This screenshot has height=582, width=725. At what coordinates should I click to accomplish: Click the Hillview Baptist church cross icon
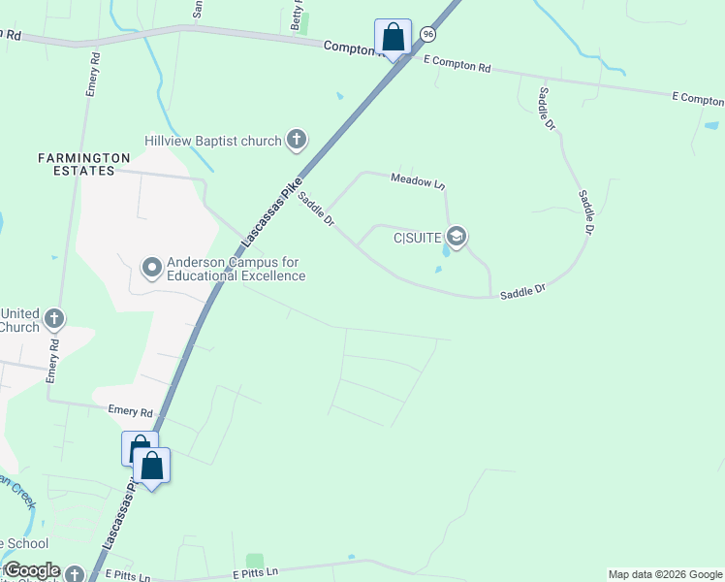(297, 142)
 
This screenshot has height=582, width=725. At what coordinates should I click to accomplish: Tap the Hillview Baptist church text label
(212, 142)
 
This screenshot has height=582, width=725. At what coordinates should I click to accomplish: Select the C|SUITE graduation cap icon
(457, 237)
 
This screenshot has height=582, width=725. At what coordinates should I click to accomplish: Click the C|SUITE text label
(418, 237)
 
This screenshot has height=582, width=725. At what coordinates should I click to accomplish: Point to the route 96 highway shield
(428, 34)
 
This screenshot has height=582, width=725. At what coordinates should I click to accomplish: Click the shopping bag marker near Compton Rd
(393, 38)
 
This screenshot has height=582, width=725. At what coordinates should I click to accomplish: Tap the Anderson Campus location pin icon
(151, 266)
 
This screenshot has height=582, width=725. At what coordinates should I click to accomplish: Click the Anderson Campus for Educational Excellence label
(236, 270)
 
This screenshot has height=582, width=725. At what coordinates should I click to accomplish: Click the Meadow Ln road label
(418, 180)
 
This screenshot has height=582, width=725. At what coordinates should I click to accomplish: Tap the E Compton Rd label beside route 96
(457, 64)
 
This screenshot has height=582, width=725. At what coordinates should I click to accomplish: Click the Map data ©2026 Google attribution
(665, 574)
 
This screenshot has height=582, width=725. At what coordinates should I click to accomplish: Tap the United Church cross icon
(54, 317)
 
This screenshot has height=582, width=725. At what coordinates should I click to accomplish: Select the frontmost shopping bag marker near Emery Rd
(152, 467)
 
